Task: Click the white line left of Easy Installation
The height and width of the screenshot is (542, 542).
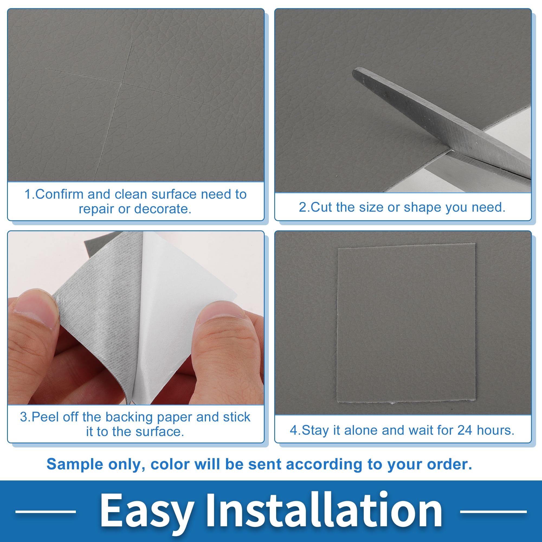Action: click(46, 512)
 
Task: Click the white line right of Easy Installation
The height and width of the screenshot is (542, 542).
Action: click(493, 512)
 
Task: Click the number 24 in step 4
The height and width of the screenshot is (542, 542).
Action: click(464, 430)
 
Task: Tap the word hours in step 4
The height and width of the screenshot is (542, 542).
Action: click(495, 430)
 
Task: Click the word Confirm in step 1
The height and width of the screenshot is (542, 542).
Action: click(59, 194)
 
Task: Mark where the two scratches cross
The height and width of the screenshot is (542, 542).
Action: click(122, 82)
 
